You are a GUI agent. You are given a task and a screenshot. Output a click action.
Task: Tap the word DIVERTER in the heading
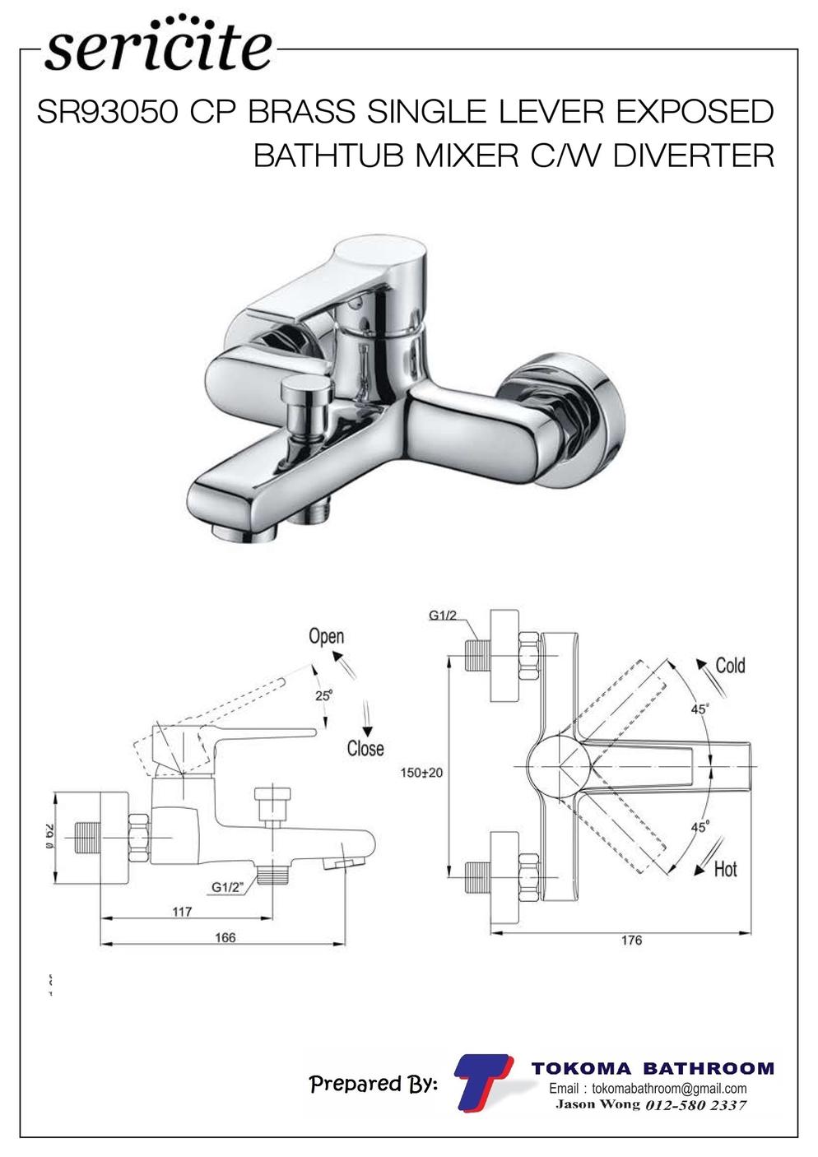coord(694,156)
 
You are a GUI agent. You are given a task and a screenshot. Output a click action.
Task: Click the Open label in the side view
coord(327,636)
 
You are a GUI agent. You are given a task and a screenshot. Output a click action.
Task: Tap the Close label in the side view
coord(365,749)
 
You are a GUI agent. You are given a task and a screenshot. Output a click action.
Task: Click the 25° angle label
coord(323,695)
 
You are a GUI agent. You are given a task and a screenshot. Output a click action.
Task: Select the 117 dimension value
coord(182,912)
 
